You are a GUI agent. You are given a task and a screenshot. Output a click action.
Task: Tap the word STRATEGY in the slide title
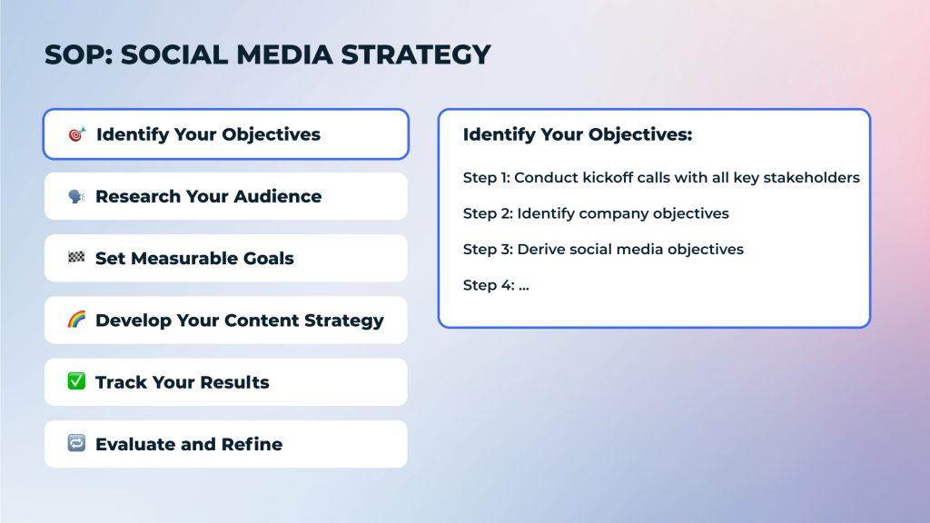click(x=416, y=54)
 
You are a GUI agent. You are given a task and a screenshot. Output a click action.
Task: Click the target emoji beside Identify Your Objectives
click(x=77, y=134)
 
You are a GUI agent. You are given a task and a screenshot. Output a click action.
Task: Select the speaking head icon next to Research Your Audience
click(x=76, y=196)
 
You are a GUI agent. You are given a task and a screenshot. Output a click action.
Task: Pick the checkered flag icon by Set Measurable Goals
click(x=76, y=257)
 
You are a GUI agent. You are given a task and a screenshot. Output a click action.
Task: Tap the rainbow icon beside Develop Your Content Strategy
click(x=76, y=320)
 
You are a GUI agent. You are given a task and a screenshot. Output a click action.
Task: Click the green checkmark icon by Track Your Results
click(x=76, y=381)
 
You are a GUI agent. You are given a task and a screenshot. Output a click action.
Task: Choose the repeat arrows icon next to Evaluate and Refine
click(x=76, y=443)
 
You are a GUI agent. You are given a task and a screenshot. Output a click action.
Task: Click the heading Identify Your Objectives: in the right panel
click(x=578, y=134)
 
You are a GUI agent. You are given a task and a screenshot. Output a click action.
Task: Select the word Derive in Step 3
click(x=541, y=249)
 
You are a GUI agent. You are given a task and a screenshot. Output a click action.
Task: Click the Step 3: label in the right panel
click(x=488, y=249)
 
